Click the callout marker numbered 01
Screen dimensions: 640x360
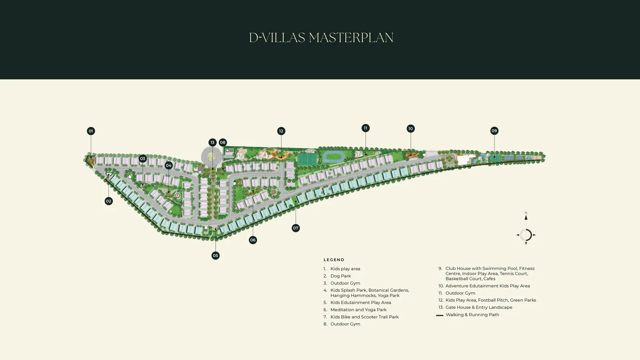91,131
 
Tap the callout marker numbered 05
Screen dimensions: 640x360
216,256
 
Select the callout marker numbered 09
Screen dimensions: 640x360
494,131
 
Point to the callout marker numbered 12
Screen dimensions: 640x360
281,131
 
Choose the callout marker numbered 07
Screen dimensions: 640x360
296,228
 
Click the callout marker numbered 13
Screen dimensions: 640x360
212,142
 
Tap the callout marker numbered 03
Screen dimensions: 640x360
142,158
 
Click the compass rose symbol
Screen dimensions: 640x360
526,235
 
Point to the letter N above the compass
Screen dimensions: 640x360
526,213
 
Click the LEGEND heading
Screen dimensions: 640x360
334,260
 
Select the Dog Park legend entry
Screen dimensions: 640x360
337,276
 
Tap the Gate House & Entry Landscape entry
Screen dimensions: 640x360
476,308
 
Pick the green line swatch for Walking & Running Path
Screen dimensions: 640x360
440,315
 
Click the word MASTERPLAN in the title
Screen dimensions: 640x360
351,38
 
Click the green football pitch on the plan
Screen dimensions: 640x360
307,158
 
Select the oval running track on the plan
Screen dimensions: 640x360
334,156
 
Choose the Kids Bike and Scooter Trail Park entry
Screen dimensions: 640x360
361,317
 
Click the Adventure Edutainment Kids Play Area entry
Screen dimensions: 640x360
484,286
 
